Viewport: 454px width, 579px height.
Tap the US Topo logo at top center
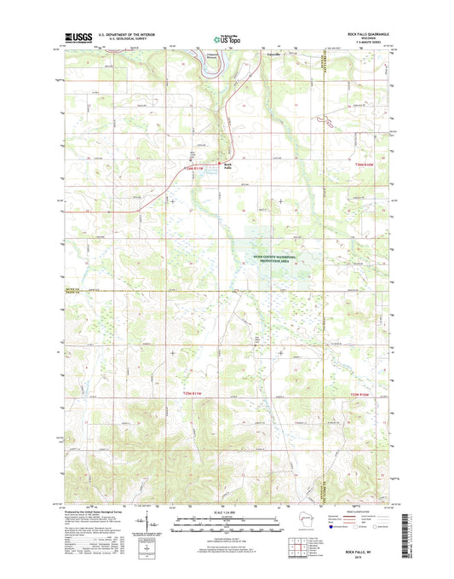point(226,38)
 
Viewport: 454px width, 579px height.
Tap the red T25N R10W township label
point(363,393)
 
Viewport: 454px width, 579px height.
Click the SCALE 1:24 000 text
point(226,512)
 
